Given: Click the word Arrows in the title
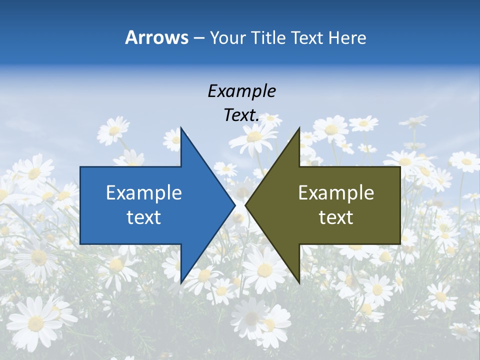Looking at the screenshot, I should point(156,37).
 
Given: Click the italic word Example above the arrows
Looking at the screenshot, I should point(241,91).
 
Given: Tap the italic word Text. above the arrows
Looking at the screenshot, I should point(241,115).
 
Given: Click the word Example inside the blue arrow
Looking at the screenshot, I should point(144,192).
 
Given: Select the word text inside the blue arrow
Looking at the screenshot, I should point(144,217).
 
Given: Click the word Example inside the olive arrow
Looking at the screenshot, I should point(336,192).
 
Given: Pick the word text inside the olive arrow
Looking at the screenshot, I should point(336,217).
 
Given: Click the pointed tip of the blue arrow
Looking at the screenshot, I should point(235,205).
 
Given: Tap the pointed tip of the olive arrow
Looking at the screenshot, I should point(245,205).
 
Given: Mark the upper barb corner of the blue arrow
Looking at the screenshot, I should point(181,128).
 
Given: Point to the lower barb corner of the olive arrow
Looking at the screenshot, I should point(299,283).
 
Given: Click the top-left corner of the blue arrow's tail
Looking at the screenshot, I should point(80,167).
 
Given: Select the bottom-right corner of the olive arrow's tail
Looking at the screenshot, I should point(400,243).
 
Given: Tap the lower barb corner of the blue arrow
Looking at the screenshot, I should point(181,283).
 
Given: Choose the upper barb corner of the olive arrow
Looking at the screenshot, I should point(299,128).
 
